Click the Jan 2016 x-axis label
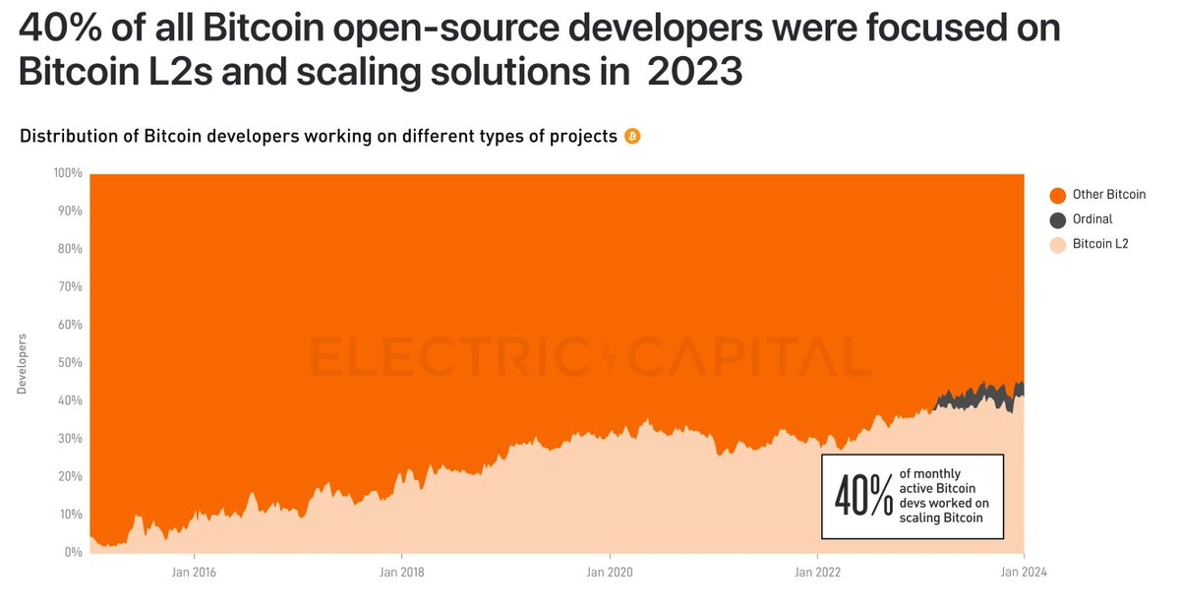tap(194, 572)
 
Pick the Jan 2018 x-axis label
tap(401, 572)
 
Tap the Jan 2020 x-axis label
tap(609, 572)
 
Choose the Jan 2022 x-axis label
tap(816, 572)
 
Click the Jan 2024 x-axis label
tap(1024, 572)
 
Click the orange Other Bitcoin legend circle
tap(1057, 195)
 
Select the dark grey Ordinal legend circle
tap(1057, 219)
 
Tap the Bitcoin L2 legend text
tap(1100, 244)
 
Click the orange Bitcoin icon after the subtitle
tap(632, 137)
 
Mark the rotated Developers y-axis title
tap(23, 364)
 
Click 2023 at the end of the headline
tap(694, 72)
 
